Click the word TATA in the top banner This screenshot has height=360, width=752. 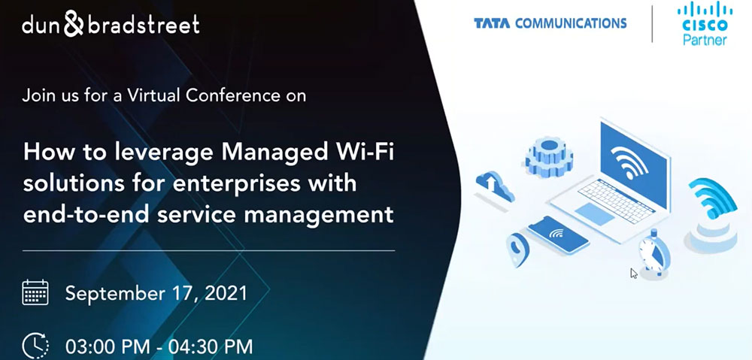coord(492,23)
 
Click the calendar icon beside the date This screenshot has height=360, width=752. coord(35,292)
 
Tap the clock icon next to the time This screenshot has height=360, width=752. coord(35,345)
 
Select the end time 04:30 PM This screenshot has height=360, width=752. coord(211,347)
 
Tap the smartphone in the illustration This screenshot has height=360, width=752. coord(557,235)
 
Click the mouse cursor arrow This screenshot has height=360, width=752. coord(634,274)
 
